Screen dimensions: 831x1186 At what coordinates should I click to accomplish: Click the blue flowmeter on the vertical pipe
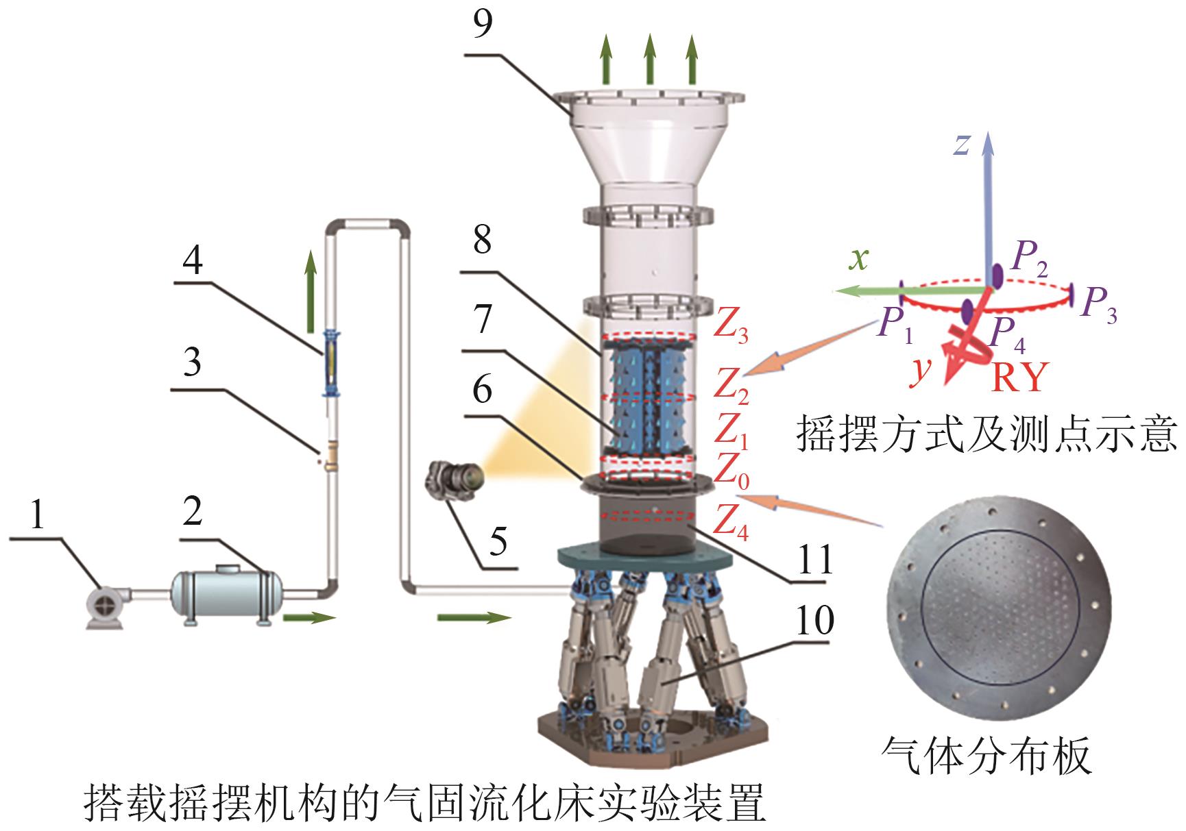click(x=332, y=363)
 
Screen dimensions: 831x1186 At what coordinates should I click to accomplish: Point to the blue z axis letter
click(x=963, y=144)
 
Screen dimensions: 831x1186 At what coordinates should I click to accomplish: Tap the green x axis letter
click(x=858, y=259)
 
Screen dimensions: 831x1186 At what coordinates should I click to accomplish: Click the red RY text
click(x=1019, y=376)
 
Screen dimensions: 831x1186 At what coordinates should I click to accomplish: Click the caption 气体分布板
click(x=986, y=756)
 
